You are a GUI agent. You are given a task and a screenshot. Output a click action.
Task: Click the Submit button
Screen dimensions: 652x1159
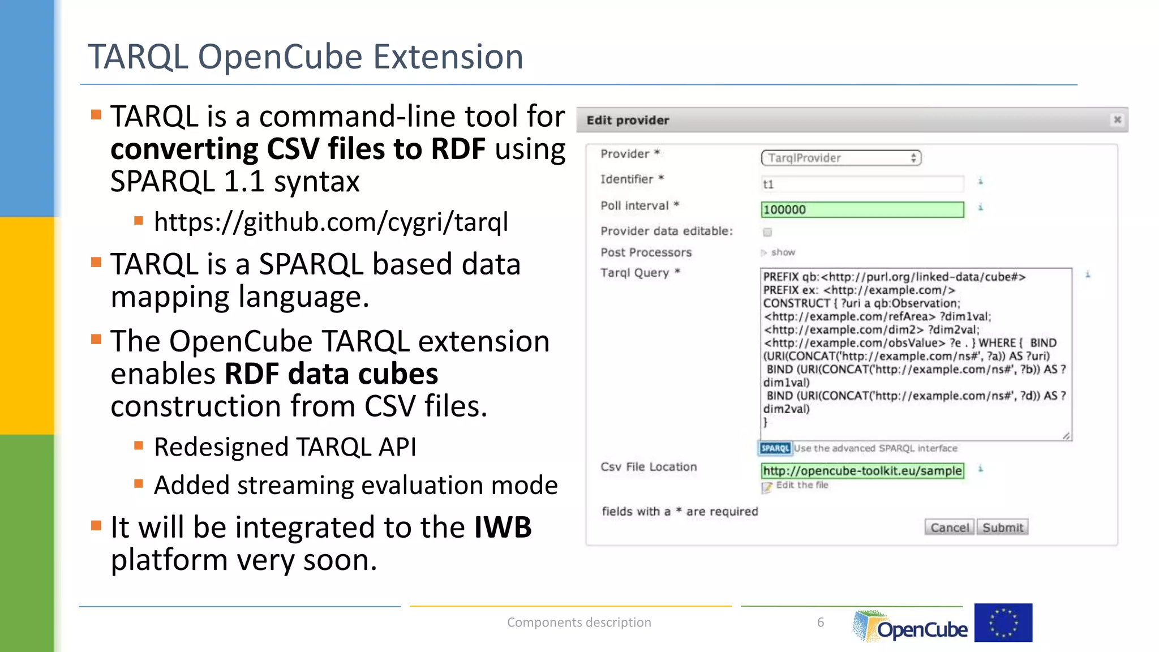click(1002, 527)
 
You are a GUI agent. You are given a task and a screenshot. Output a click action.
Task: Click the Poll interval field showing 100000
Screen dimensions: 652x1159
click(862, 210)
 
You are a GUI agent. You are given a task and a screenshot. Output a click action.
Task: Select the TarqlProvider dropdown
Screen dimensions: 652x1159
click(841, 158)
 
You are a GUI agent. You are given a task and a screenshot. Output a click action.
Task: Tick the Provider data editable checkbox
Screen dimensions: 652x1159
click(767, 232)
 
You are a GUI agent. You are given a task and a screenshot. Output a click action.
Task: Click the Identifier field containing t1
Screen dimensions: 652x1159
click(862, 184)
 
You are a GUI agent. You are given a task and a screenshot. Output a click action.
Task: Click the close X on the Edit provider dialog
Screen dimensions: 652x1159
click(1117, 120)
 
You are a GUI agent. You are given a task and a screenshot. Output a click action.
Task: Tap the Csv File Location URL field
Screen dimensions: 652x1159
click(862, 471)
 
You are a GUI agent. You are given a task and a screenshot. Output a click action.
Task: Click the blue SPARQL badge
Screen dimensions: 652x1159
click(775, 448)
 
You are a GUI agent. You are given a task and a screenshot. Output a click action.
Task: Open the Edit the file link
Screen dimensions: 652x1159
click(801, 485)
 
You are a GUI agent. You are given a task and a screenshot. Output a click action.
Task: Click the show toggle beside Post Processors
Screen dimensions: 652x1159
click(782, 252)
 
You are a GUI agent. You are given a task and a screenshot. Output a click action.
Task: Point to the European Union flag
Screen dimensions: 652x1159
click(1003, 623)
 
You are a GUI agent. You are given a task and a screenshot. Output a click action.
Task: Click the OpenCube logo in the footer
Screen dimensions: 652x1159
click(911, 627)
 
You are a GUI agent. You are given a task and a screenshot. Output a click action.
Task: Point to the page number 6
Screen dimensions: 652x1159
click(820, 623)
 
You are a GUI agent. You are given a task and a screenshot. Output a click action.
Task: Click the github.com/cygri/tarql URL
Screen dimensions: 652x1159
click(331, 222)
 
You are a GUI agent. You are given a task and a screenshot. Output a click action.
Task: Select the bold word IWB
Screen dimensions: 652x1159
click(503, 527)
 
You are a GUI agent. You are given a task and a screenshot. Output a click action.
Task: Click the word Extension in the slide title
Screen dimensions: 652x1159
click(448, 57)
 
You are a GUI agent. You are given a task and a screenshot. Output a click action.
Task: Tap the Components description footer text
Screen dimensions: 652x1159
click(579, 623)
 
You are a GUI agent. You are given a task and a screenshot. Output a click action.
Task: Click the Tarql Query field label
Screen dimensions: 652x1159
click(634, 273)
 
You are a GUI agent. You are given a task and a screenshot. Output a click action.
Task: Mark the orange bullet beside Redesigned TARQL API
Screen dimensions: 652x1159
click(139, 445)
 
